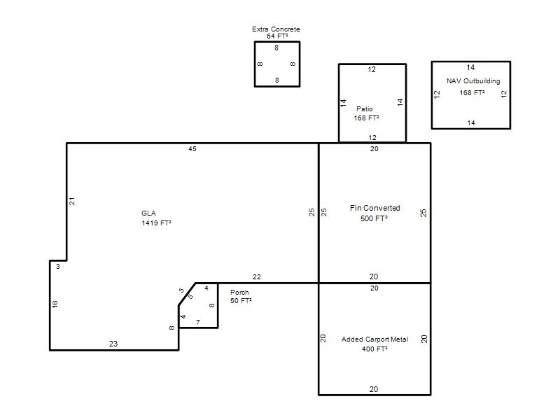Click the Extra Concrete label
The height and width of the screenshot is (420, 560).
point(276,29)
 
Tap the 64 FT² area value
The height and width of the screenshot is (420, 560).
point(277,36)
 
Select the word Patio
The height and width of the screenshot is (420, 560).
point(364,109)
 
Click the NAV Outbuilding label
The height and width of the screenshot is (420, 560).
point(473,81)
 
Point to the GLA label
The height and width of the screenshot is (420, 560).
point(148,213)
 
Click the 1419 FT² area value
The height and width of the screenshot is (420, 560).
point(156,223)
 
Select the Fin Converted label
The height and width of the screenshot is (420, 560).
point(374,208)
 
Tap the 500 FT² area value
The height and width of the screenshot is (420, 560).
point(374,218)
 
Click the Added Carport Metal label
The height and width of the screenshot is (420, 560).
point(374,339)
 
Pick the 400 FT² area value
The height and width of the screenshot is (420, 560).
point(374,349)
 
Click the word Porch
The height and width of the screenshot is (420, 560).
point(239,292)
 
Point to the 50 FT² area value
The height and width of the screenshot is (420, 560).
point(241,301)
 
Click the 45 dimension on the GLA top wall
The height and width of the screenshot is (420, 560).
point(192,149)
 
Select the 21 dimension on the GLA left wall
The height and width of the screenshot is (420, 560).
point(72,202)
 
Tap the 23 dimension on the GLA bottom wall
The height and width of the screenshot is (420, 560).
point(113,344)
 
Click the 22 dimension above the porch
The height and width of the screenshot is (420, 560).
point(256,276)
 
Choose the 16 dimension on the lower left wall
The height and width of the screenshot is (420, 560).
point(55,304)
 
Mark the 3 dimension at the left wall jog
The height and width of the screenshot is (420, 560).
point(58,267)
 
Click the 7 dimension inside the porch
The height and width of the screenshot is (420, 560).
point(198,322)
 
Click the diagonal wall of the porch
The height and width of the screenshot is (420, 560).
point(187,294)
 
